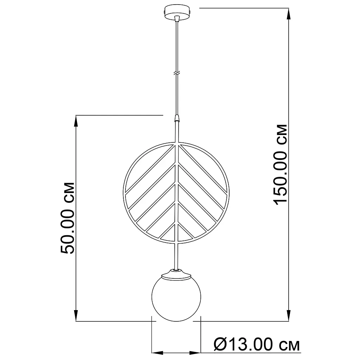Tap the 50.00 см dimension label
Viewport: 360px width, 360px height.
click(68, 218)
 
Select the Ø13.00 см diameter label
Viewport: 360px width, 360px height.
click(257, 345)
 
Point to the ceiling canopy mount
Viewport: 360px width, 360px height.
click(176, 13)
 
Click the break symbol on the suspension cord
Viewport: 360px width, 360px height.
click(176, 73)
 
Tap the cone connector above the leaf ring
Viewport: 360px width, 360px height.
click(176, 118)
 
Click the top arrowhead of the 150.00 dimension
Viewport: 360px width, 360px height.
click(289, 14)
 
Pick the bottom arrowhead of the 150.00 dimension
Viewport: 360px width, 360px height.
click(289, 315)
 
